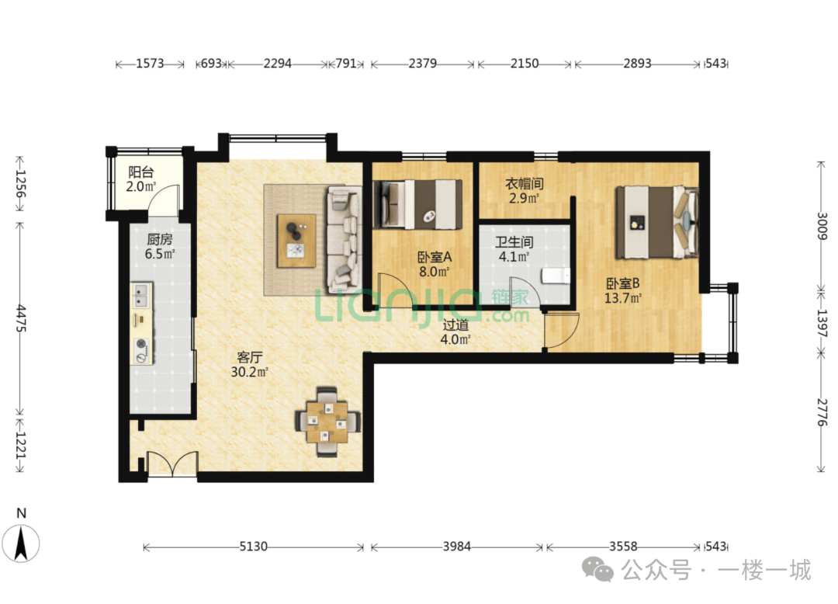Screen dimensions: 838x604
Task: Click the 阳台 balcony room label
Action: [141, 172]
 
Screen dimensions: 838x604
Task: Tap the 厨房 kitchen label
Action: [160, 239]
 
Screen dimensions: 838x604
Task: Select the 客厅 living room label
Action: [250, 357]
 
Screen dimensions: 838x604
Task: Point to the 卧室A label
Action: [435, 257]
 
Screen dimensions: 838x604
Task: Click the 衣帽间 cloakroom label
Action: [525, 184]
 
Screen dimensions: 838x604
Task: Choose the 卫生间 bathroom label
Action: [514, 242]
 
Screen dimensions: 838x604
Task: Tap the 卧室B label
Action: [622, 283]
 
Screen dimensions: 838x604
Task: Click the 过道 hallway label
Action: [455, 325]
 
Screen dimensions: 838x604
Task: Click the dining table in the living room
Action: [327, 422]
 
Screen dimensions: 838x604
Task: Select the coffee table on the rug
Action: [296, 241]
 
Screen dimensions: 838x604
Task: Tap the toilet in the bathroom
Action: [556, 276]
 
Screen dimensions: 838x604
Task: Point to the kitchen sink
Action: [142, 296]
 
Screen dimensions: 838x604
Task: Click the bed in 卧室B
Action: [657, 222]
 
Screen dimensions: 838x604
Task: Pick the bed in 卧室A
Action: [417, 204]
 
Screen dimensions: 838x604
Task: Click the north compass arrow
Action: [21, 543]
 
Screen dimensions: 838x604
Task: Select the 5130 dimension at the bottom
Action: [253, 547]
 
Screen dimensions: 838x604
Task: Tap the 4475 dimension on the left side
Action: [21, 318]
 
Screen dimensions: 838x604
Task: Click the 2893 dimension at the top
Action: [637, 64]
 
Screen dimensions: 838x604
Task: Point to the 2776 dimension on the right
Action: [822, 412]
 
